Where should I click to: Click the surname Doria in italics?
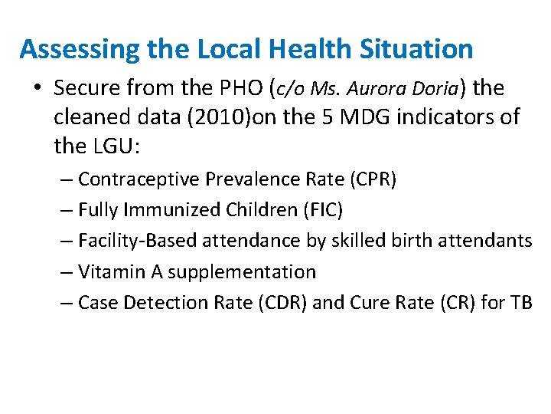tap(435, 89)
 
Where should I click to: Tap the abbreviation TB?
tap(520, 303)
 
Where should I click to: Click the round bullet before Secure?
tap(37, 90)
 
